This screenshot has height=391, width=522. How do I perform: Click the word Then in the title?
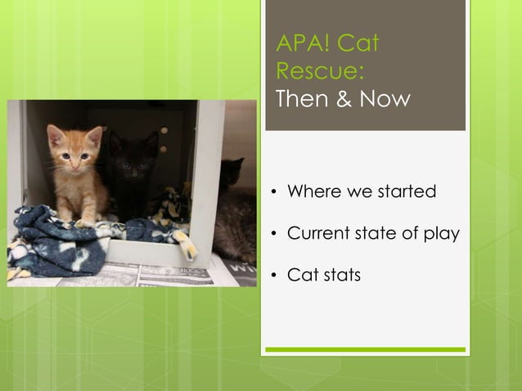point(304,99)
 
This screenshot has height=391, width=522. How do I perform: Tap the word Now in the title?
point(383,99)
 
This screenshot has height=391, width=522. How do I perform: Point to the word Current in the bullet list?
point(319,233)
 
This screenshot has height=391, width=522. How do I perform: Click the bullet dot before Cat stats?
point(275,276)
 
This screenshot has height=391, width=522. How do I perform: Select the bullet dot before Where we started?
point(275,193)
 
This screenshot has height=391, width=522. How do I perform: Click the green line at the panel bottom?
point(365,349)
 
